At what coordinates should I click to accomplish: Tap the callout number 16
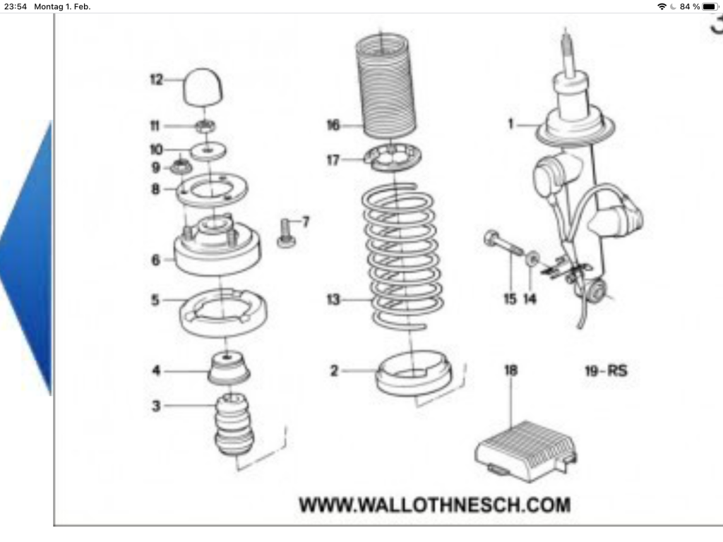(x=333, y=126)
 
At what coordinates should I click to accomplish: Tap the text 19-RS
(x=606, y=370)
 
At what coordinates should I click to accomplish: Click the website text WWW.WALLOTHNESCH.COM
(x=434, y=505)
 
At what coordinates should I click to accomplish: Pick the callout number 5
(x=155, y=300)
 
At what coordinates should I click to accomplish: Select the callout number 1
(x=510, y=125)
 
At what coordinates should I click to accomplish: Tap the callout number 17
(x=333, y=160)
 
